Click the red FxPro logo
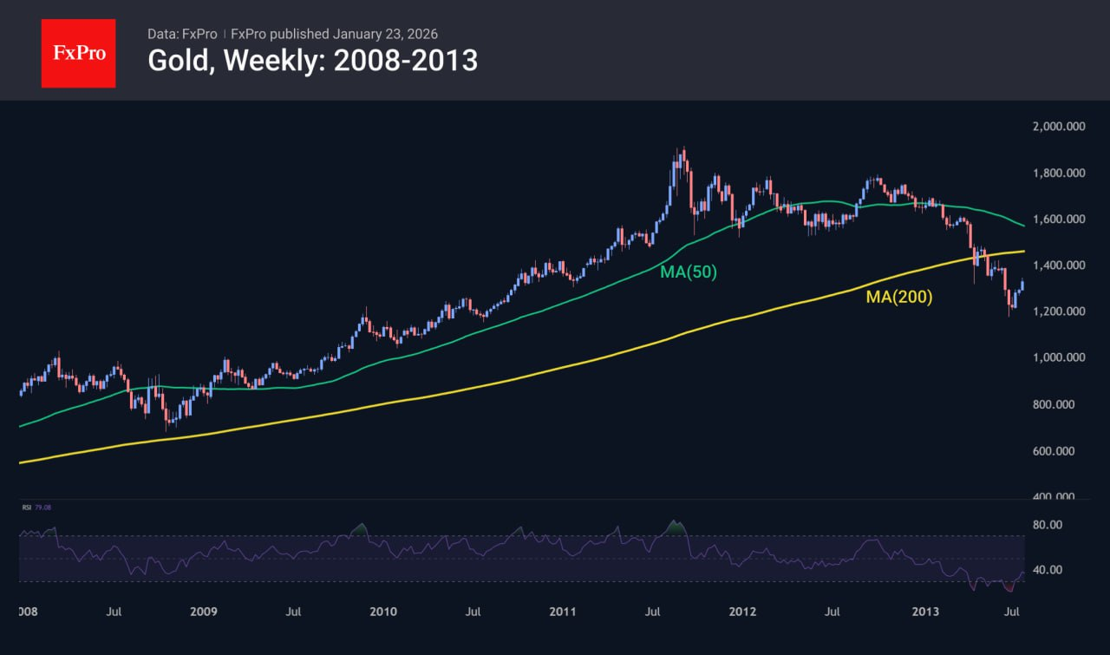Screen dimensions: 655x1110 (x=78, y=53)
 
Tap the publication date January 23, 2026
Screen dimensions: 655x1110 (x=384, y=35)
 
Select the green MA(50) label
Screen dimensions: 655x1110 (x=689, y=272)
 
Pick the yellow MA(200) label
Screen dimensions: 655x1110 (x=899, y=297)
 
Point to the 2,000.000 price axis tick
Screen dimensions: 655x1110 (x=1059, y=127)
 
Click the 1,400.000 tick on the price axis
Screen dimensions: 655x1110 (x=1059, y=265)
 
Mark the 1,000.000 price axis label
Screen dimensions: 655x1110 (x=1059, y=357)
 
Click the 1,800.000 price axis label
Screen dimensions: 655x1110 (x=1059, y=174)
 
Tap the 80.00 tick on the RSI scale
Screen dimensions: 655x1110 (x=1047, y=524)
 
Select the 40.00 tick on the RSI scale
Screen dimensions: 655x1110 (x=1047, y=570)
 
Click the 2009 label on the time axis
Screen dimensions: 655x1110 (x=203, y=612)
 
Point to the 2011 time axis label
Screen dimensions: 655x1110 (x=564, y=612)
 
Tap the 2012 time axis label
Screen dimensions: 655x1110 (x=743, y=612)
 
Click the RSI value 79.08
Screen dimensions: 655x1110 (x=42, y=508)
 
